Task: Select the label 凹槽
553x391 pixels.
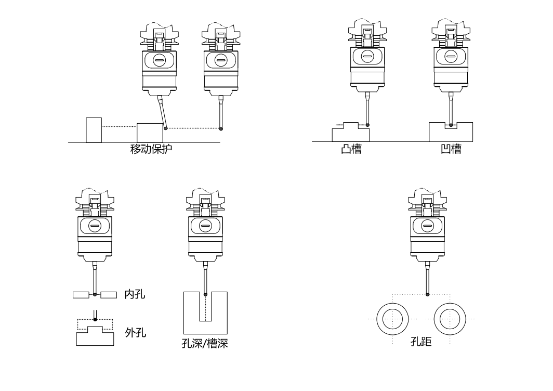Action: tap(451, 150)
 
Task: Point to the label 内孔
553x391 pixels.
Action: tap(135, 295)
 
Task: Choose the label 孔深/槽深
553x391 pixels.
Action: tap(205, 344)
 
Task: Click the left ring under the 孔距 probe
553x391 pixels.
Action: tap(393, 318)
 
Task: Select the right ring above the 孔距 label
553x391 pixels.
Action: tap(449, 318)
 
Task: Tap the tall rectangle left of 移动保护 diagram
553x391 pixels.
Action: tap(94, 130)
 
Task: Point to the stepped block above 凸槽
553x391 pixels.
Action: tap(351, 134)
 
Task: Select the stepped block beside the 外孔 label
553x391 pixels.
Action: tap(95, 337)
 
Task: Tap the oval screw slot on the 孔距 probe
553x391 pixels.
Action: tap(428, 226)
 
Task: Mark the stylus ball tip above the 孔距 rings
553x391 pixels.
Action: tap(428, 295)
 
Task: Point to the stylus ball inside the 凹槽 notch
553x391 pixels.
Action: tap(451, 125)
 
